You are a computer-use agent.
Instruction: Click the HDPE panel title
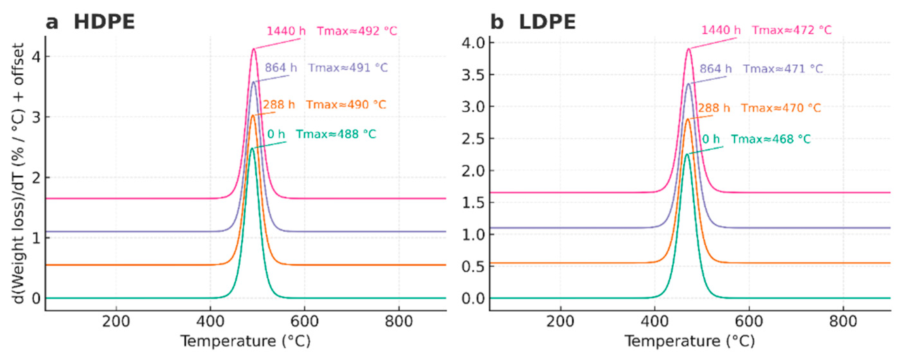tap(104, 22)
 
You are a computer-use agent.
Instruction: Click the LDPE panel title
tap(547, 22)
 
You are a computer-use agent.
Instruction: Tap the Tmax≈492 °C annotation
tap(357, 31)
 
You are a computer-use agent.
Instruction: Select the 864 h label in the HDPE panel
tap(281, 68)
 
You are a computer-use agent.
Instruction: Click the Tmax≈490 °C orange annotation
tap(346, 105)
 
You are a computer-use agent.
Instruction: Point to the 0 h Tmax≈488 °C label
tap(321, 134)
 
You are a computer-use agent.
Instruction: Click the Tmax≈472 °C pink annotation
tap(792, 30)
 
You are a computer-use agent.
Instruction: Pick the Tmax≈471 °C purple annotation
tap(783, 69)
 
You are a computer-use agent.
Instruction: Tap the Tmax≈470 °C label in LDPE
tap(781, 108)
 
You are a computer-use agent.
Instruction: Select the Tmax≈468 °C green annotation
tap(771, 139)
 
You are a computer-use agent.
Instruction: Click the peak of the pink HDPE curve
tap(254, 49)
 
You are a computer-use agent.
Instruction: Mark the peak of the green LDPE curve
tap(687, 154)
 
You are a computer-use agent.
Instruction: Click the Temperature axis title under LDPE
tap(689, 341)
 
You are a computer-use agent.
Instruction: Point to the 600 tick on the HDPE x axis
tap(304, 321)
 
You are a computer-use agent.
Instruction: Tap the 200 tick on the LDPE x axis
tap(560, 321)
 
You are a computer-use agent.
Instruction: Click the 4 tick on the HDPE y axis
tap(36, 56)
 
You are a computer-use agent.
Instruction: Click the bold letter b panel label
tap(497, 22)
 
